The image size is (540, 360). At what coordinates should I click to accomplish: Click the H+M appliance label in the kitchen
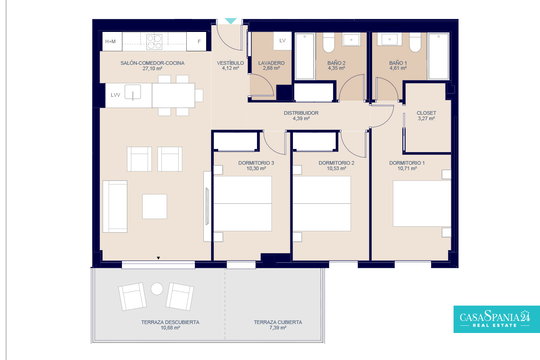110,41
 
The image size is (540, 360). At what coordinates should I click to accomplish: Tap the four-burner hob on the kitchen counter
154,42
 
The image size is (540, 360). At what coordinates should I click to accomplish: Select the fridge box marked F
197,41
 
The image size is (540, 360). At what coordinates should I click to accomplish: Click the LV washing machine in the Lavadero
282,41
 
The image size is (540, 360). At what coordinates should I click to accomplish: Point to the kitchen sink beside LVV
133,92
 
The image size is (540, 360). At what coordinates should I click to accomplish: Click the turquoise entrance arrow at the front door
231,21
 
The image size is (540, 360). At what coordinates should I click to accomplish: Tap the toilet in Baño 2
328,43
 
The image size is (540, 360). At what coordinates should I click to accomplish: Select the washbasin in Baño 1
390,39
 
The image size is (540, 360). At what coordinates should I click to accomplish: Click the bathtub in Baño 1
438,56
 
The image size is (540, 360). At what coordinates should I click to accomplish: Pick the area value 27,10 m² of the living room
153,68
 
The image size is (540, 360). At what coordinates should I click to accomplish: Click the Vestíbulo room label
230,63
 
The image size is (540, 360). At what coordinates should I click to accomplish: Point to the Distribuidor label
301,113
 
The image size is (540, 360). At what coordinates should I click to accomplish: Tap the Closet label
426,113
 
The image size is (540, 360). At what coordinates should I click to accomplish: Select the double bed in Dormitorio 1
422,203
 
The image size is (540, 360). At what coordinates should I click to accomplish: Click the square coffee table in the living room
154,207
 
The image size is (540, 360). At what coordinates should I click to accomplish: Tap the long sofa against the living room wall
115,207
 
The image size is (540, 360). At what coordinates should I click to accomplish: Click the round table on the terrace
157,288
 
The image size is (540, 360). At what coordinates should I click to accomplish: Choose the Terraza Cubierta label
278,322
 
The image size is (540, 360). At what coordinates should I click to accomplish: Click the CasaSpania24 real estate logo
497,319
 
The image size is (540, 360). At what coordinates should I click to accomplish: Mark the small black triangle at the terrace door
158,258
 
